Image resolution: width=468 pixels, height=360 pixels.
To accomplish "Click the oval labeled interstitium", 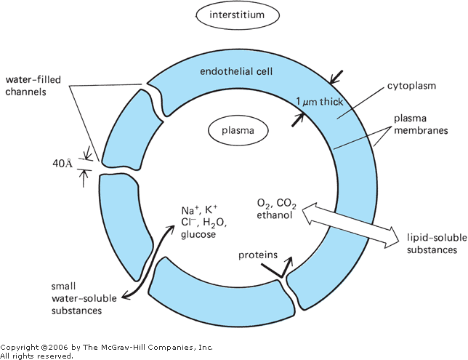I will point(233,15).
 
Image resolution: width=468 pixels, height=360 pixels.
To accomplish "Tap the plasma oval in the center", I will point(233,132).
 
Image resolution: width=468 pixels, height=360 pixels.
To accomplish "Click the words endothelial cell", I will point(234,71).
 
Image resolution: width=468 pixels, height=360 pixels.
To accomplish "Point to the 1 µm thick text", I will point(320,103).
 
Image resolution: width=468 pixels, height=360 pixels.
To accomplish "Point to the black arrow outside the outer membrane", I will point(336,75).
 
